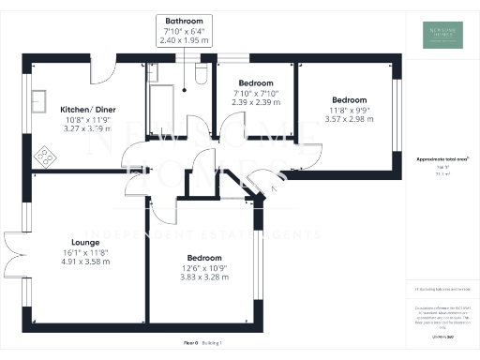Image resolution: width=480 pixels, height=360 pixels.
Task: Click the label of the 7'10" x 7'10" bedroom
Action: click(254, 82)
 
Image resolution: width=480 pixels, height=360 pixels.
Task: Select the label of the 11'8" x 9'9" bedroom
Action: click(348, 99)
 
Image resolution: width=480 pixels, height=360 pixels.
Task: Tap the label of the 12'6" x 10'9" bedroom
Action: click(203, 258)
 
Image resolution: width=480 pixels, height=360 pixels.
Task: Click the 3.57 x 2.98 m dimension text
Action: click(348, 119)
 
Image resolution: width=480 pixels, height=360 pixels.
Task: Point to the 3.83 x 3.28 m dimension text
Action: click(203, 278)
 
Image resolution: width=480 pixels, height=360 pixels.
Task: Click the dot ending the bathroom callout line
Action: click(186, 90)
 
